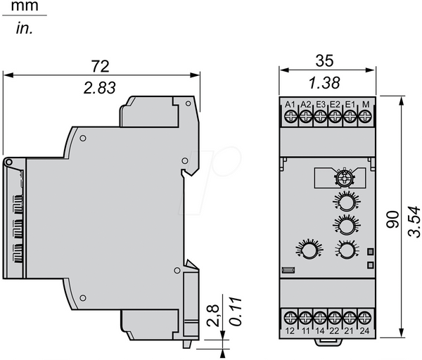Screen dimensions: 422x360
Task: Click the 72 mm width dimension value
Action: (100, 66)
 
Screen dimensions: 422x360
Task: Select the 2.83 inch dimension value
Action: (100, 88)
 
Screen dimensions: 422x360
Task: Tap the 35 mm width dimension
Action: (324, 60)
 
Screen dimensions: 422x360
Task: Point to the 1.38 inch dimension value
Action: (324, 82)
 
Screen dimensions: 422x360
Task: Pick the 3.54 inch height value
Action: (414, 221)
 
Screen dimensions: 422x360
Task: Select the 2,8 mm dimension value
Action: (213, 316)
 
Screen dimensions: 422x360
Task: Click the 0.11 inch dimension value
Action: (236, 312)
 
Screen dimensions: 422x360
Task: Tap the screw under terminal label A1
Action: (290, 117)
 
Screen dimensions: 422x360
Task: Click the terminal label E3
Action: (321, 104)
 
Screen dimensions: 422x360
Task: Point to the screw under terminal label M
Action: (364, 117)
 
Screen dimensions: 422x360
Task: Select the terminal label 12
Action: (290, 330)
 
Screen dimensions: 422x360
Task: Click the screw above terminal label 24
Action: (364, 318)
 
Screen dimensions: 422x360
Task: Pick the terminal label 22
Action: (334, 330)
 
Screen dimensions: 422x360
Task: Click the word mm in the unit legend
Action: (25, 6)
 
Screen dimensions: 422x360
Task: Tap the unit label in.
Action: (25, 28)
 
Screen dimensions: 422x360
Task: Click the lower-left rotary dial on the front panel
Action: (309, 250)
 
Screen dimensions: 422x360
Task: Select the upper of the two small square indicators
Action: (371, 252)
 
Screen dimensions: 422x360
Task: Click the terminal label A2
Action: (305, 104)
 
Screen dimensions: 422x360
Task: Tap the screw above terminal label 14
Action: (320, 318)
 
